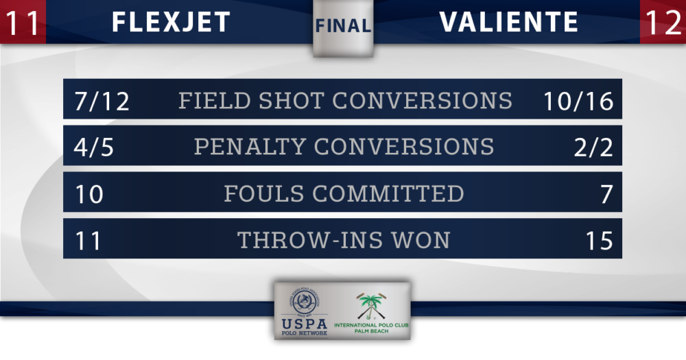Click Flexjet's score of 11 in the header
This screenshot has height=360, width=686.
tap(22, 23)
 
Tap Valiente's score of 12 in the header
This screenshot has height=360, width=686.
tap(663, 23)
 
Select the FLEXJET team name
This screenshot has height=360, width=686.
tap(171, 22)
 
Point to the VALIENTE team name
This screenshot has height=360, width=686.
tap(509, 22)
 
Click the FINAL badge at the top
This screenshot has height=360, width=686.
tap(343, 26)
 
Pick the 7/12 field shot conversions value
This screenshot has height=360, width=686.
tap(102, 101)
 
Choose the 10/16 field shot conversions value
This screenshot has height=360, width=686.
tap(578, 101)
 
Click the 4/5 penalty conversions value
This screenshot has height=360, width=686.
tap(93, 147)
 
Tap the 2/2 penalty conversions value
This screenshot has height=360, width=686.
tap(593, 147)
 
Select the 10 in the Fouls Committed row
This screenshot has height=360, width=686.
tap(89, 194)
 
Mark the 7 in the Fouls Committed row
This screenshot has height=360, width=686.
tap(606, 194)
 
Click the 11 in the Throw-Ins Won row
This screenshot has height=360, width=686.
tap(88, 241)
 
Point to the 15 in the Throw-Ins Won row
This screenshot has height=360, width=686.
tap(600, 241)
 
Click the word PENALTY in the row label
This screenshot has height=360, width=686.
tap(250, 147)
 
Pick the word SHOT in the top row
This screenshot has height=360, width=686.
tap(291, 101)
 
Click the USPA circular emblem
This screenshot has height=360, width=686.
tap(305, 302)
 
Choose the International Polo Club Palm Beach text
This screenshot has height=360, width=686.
tap(371, 328)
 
